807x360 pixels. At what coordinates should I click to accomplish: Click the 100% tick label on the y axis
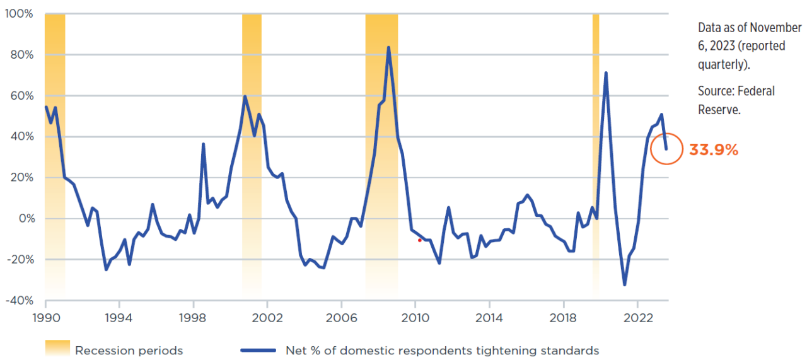(19, 14)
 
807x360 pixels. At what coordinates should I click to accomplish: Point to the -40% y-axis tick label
(18, 301)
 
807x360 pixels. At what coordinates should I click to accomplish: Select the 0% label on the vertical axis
(24, 219)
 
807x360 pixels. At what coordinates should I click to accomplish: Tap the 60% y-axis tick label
(21, 96)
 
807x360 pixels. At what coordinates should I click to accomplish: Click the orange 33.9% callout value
(713, 150)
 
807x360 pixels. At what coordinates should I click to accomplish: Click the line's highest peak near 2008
(388, 47)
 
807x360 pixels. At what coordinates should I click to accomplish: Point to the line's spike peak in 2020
(606, 73)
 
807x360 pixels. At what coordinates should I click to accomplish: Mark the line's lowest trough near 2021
(624, 285)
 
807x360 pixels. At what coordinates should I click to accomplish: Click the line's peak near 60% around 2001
(245, 96)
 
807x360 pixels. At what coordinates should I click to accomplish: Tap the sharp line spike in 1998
(203, 144)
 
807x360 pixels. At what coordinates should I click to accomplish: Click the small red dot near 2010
(419, 240)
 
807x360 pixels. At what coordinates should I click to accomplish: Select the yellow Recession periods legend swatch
(57, 349)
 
